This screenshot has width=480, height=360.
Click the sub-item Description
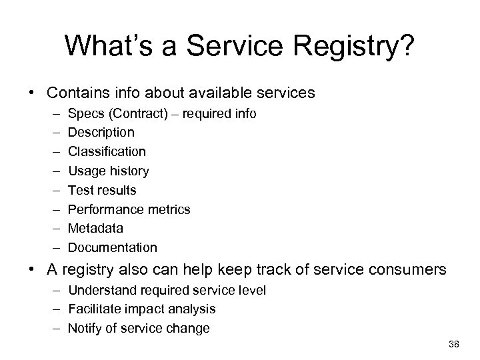coord(101,133)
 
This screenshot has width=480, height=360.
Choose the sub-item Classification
coord(107,152)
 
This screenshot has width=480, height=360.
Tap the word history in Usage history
coord(130,171)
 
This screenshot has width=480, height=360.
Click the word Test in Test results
coord(81,190)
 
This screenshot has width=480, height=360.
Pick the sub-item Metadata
coord(95,228)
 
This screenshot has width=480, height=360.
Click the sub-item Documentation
coord(113,247)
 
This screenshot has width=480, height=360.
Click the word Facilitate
coord(95,309)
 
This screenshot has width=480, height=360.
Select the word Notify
coord(85,328)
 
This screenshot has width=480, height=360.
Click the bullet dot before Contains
coord(32,91)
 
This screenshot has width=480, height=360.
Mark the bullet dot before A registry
coord(32,271)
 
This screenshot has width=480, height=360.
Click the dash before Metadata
coord(53,228)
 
